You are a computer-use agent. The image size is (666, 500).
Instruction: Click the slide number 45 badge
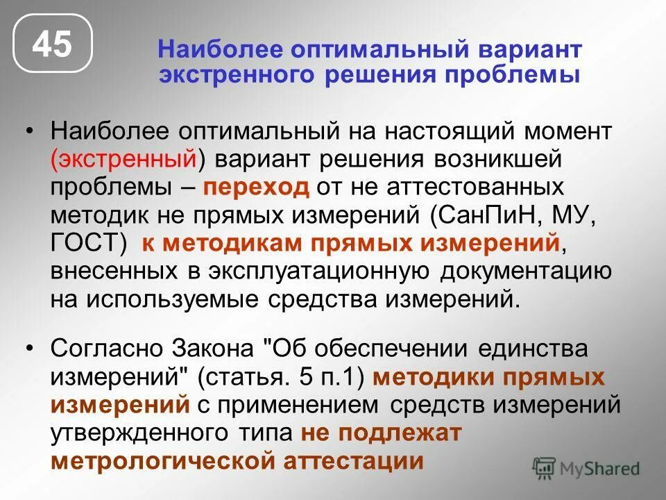click(x=53, y=45)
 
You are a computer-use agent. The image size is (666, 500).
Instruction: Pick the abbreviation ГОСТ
click(x=84, y=244)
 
